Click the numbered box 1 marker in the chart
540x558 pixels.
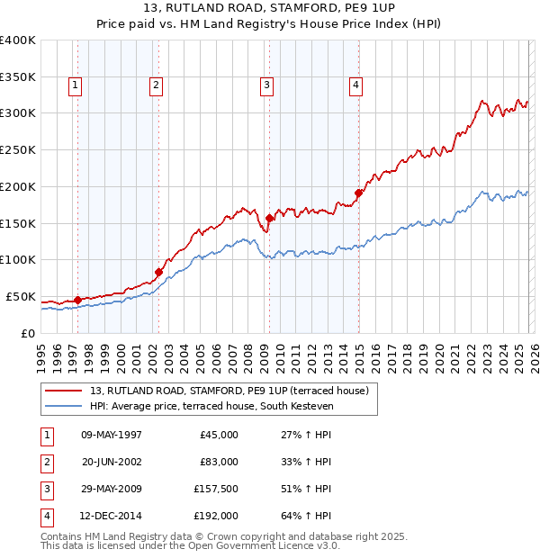(x=74, y=85)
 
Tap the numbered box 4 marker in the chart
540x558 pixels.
(x=356, y=85)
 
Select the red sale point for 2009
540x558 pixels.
(x=269, y=218)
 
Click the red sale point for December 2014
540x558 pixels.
(x=357, y=193)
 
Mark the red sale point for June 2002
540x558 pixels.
(x=158, y=272)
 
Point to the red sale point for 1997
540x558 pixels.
(x=77, y=300)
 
